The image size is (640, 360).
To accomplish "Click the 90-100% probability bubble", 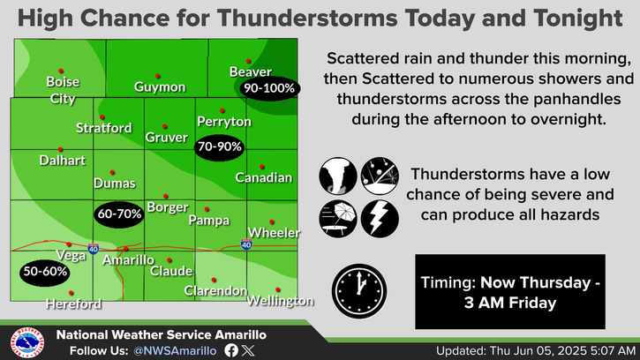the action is (269, 88).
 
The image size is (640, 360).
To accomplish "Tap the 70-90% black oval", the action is (220, 147).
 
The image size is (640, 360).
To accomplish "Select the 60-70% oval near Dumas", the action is (119, 214).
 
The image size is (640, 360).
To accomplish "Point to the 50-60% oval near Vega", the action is (45, 273).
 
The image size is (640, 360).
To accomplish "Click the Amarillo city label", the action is (128, 260).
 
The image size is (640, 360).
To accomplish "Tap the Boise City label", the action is (63, 90).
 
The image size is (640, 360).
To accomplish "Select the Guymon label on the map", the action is (160, 87).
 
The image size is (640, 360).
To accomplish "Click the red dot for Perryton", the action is (222, 110).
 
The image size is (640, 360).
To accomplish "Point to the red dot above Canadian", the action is (261, 167).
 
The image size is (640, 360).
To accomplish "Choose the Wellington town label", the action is (281, 301).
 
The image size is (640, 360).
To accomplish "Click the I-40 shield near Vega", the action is (93, 249).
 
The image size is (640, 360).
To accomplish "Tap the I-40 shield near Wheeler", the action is (246, 244).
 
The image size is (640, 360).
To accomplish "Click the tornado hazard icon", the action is (338, 176).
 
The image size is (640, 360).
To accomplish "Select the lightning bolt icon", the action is (380, 219).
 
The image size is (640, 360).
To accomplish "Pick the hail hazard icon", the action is (380, 176).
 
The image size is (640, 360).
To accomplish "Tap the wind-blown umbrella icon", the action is (338, 219).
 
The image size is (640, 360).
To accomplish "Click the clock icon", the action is (359, 291).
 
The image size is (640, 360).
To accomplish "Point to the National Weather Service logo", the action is (27, 343).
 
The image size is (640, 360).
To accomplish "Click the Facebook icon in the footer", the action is (231, 350).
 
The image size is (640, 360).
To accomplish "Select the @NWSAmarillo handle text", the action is (175, 351).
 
